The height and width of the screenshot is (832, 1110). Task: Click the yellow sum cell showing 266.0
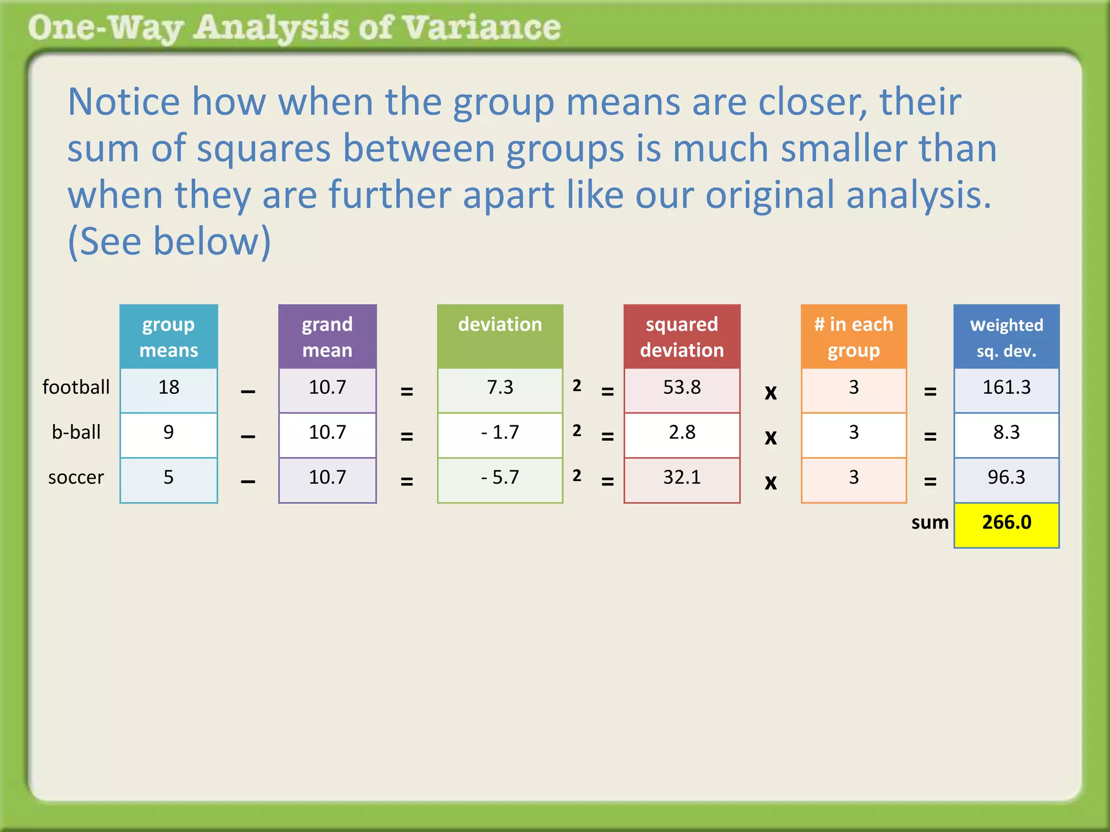coord(1006,523)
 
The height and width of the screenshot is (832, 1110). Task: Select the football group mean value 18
coord(169,388)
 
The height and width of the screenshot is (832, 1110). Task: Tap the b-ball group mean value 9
coord(169,433)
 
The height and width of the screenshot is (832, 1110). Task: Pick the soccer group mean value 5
coord(169,478)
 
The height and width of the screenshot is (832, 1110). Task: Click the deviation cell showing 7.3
coord(500,388)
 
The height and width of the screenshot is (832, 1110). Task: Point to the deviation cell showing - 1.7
coord(500,433)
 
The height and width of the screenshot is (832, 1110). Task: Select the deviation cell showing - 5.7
coord(500,478)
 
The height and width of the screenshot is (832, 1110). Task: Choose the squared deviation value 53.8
coord(682,388)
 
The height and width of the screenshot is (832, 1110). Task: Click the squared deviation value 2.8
coord(682,433)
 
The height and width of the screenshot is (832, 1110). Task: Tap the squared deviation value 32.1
coord(682,478)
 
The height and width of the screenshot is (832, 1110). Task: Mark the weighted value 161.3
coord(1006,388)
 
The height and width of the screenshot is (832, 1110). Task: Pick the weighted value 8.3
coord(1006,433)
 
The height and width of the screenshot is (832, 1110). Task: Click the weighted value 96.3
coord(1006,478)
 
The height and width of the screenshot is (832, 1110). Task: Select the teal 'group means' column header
coord(169,337)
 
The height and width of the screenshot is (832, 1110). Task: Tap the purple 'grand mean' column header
coord(327,337)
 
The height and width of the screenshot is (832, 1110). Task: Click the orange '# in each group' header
coord(854,337)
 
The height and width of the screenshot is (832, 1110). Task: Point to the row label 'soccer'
coord(76,478)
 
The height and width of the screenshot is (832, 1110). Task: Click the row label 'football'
coord(76,388)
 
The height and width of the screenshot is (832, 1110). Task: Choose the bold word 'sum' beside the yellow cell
coord(930,523)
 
